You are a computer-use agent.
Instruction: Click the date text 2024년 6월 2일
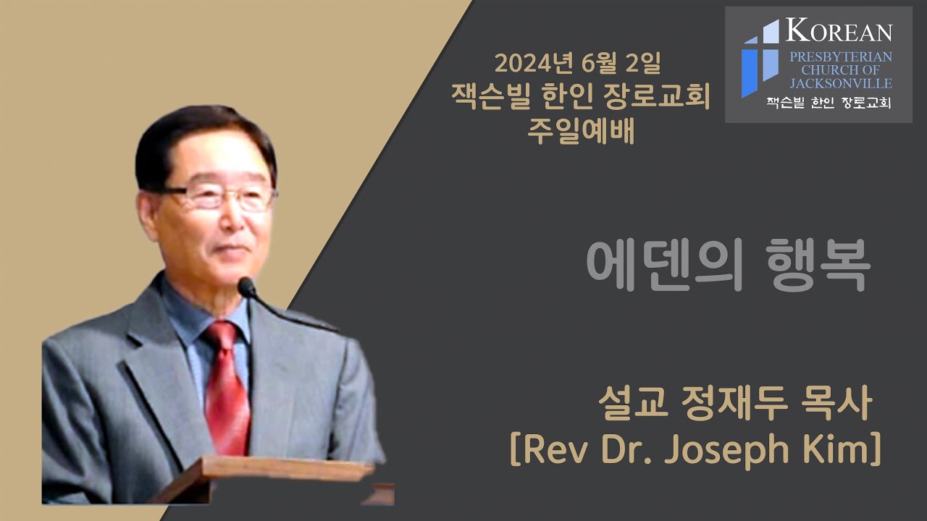click(x=577, y=64)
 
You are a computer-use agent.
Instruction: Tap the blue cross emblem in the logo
click(x=759, y=58)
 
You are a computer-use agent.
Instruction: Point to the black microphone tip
click(x=247, y=287)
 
